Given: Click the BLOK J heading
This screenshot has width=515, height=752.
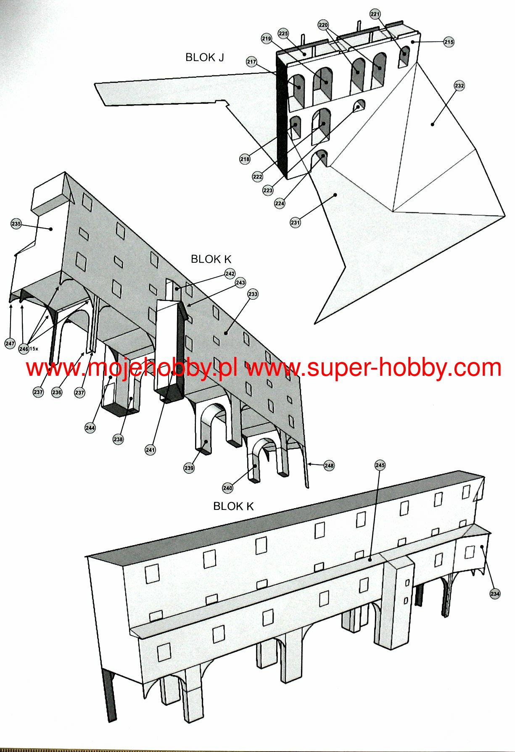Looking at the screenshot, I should (x=204, y=57).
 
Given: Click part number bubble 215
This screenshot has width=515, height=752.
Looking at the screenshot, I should (x=449, y=42).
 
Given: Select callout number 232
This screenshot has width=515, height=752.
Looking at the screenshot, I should (x=459, y=86).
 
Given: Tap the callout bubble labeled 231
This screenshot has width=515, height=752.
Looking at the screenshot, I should (x=295, y=222).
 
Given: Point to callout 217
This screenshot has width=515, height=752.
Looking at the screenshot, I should (x=251, y=62).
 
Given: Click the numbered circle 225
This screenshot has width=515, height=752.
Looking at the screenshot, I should (x=283, y=34).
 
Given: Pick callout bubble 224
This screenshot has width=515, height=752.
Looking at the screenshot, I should (x=280, y=203).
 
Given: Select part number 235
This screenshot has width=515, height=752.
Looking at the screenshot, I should (x=16, y=224).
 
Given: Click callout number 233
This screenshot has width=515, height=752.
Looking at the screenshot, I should (x=253, y=294).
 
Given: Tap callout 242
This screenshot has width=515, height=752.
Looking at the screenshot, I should (x=230, y=274).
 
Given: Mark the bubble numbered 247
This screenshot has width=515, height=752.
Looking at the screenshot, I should (x=10, y=343).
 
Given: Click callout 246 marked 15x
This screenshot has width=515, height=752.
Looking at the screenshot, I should (x=24, y=349).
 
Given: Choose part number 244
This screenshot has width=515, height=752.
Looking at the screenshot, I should (x=90, y=428).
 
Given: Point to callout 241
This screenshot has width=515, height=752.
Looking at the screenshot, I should (x=150, y=450).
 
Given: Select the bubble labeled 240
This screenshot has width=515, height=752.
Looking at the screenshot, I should (x=227, y=488).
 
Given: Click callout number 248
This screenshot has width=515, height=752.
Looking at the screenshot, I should (x=329, y=465).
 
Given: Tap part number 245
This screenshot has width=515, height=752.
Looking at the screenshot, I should (x=380, y=465).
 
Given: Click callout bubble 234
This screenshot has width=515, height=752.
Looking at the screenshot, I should (x=495, y=594).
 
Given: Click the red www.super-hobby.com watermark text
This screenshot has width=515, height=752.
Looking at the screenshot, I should (x=374, y=368).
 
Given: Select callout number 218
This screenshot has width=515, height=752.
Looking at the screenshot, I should (x=245, y=159).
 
